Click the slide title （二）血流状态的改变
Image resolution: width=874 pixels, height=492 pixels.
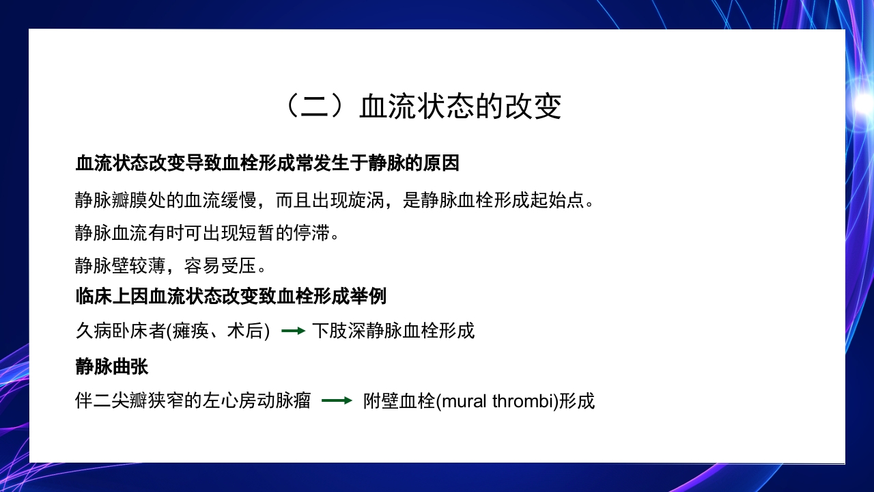coord(421,107)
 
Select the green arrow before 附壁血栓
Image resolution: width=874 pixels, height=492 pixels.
coord(337,400)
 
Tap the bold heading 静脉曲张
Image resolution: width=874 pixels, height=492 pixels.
coord(111,366)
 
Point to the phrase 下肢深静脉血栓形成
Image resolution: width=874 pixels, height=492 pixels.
coord(393,331)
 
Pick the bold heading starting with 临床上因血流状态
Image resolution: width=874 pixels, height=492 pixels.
coord(231,297)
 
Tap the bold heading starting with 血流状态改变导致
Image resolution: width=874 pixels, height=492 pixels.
coord(267,164)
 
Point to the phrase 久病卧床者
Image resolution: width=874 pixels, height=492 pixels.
coord(120,331)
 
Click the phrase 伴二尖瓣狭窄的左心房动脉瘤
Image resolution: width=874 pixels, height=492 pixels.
coord(193,401)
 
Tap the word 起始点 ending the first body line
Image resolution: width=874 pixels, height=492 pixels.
coord(559,200)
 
